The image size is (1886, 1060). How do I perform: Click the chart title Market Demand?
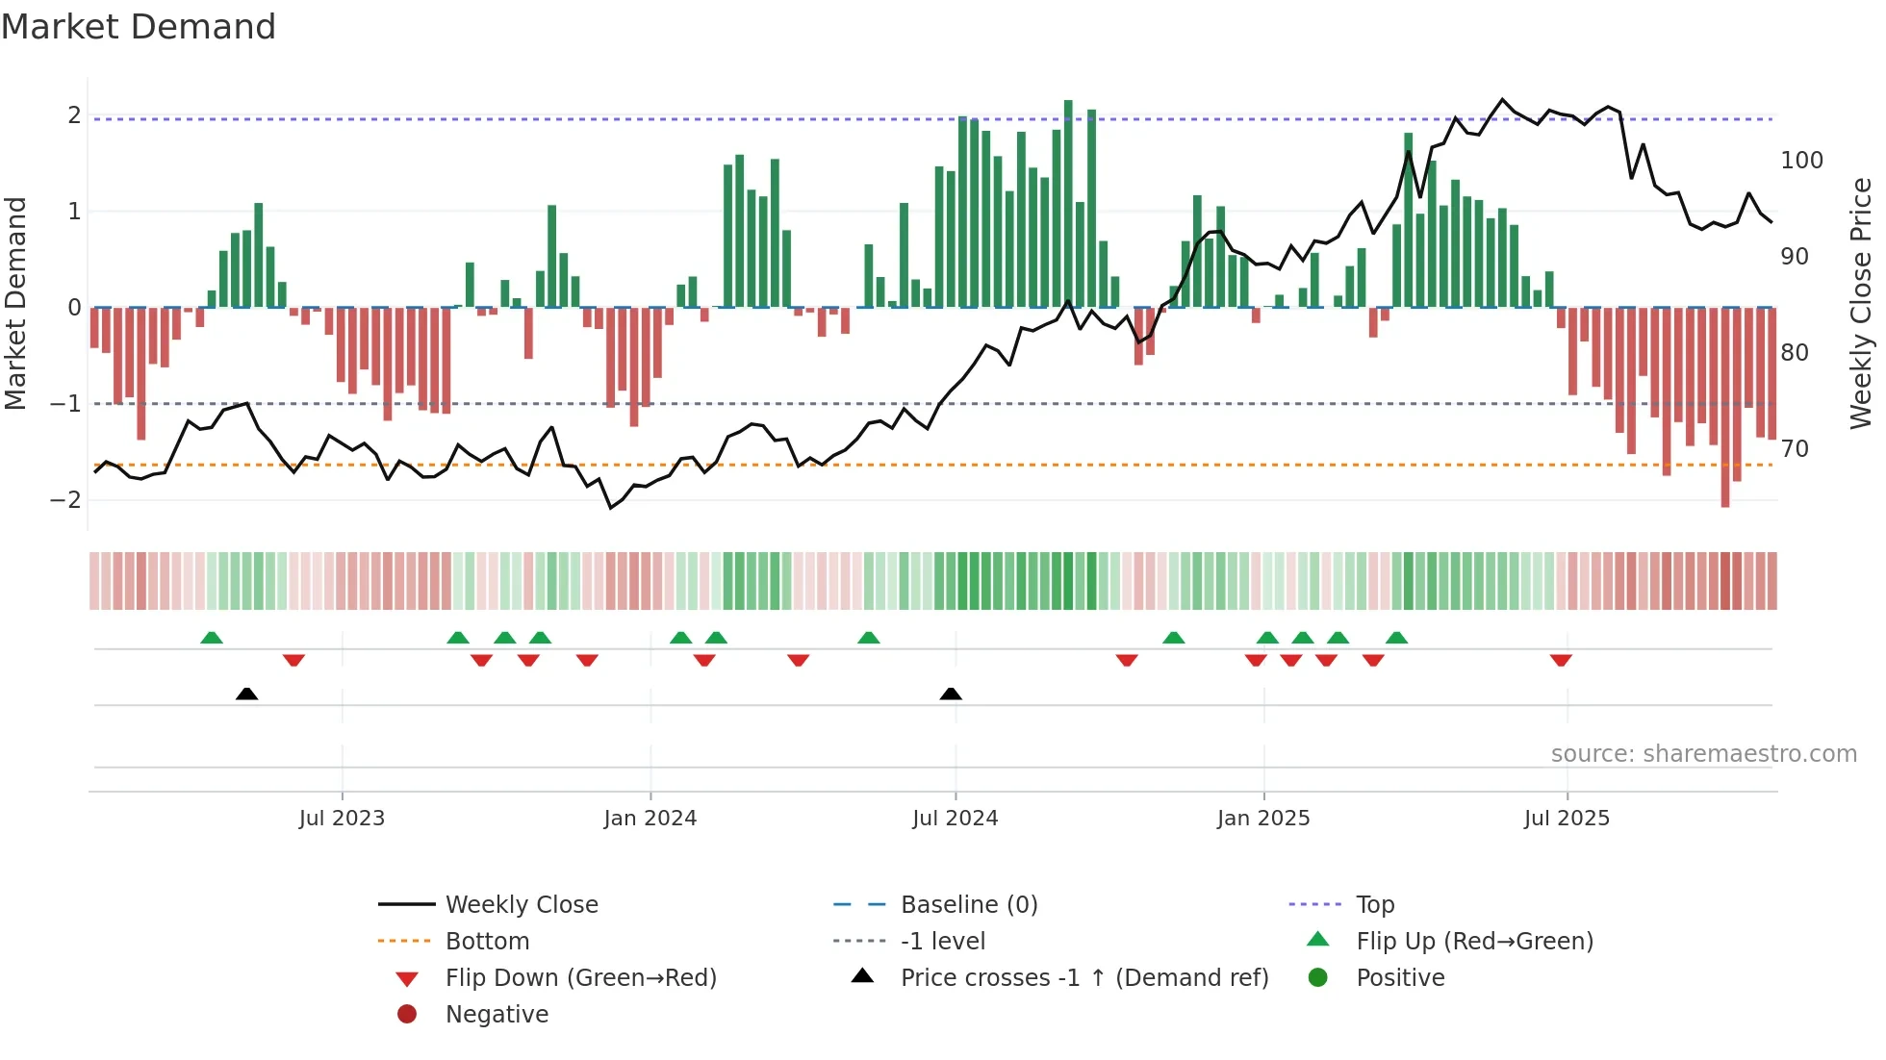pyautogui.click(x=139, y=27)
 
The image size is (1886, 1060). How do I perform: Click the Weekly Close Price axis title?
pyautogui.click(x=1861, y=303)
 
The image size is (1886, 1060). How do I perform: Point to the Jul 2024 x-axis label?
pyautogui.click(x=955, y=819)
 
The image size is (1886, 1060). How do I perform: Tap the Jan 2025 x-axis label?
pyautogui.click(x=1262, y=819)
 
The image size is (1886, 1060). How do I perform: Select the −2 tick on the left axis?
pyautogui.click(x=66, y=499)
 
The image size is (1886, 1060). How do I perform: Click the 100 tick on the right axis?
pyautogui.click(x=1801, y=161)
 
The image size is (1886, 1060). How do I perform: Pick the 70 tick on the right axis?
pyautogui.click(x=1795, y=449)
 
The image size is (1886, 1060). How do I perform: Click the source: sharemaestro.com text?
pyautogui.click(x=1703, y=754)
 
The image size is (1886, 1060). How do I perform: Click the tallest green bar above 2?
pyautogui.click(x=1068, y=202)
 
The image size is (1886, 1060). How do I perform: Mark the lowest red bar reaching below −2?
pyautogui.click(x=1725, y=409)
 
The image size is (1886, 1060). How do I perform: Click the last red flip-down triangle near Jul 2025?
pyautogui.click(x=1561, y=660)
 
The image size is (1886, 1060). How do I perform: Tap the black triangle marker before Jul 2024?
pyautogui.click(x=951, y=694)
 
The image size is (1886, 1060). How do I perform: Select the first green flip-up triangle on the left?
pyautogui.click(x=212, y=638)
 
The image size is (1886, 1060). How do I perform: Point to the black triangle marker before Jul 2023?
pyautogui.click(x=246, y=694)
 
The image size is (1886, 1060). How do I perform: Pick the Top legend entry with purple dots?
pyautogui.click(x=1374, y=905)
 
